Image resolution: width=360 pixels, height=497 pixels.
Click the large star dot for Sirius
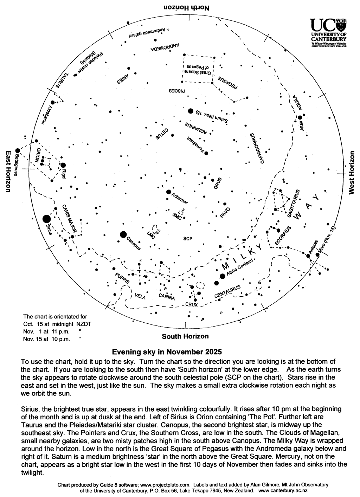coord(46,219)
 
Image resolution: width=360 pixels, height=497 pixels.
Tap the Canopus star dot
coord(123,234)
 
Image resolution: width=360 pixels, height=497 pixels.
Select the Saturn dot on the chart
coord(191,111)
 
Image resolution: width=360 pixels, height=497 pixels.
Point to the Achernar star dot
coord(169,192)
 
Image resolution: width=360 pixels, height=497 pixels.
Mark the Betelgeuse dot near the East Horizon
coord(18,151)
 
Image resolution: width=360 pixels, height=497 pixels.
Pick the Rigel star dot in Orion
coord(63,165)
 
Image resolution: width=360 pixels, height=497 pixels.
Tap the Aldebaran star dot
coord(52,103)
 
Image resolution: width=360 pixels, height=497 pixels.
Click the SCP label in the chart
coord(188,239)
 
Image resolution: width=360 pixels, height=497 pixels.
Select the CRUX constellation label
coord(191,305)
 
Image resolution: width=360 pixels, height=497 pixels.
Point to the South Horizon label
coord(185,336)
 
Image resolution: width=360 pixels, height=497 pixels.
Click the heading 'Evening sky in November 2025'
coord(167,351)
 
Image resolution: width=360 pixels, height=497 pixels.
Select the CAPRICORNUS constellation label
coord(256,148)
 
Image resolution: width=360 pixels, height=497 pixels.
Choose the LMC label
coord(150,235)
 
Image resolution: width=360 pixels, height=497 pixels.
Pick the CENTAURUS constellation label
coord(228,292)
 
